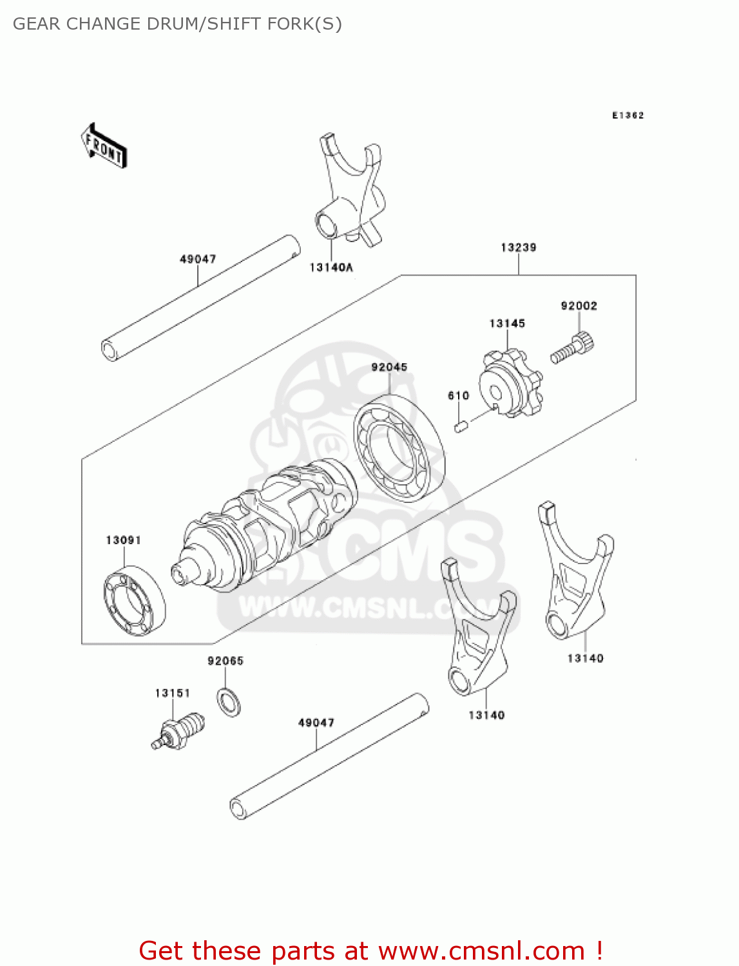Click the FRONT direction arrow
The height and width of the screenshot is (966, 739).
tap(104, 146)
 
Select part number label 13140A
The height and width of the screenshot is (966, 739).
tap(331, 267)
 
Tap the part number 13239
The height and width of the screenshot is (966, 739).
tap(518, 247)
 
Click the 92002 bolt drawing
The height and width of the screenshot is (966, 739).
tap(572, 347)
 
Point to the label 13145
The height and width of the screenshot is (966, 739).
tap(507, 323)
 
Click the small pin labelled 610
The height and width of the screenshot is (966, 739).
tap(461, 426)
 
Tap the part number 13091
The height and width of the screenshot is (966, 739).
tap(123, 540)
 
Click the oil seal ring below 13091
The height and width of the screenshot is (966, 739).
tap(135, 600)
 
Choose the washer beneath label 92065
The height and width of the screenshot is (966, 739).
tap(229, 702)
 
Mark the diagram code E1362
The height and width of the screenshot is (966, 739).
tap(628, 115)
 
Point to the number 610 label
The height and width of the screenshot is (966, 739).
tap(458, 395)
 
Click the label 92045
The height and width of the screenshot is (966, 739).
tap(389, 367)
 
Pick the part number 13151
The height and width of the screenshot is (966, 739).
tap(173, 693)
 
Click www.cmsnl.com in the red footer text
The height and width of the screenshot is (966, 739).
tap(481, 951)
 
